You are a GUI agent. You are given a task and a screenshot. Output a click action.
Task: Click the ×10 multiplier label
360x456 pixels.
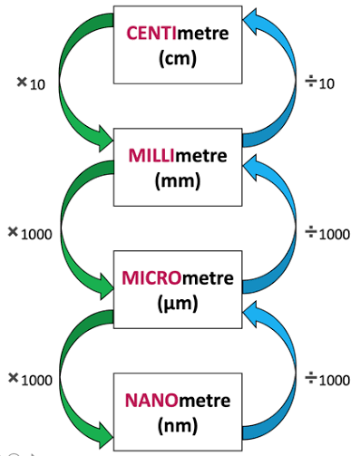pyautogui.click(x=30, y=83)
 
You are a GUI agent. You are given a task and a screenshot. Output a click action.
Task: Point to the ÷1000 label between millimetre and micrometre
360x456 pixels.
pyautogui.click(x=326, y=233)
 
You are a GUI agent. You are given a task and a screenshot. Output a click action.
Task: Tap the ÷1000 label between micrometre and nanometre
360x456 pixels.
pyautogui.click(x=326, y=377)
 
